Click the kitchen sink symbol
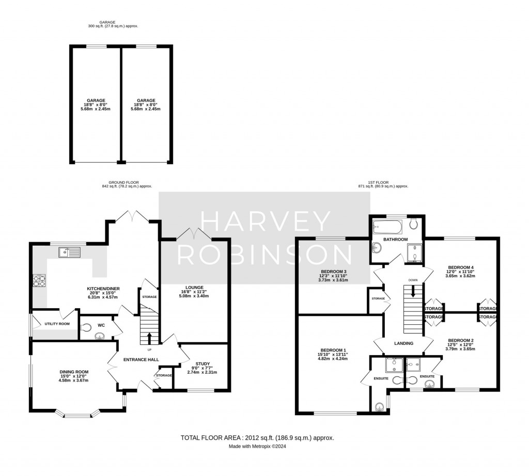click(70, 252)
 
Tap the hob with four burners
click(39, 280)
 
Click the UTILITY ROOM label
click(57, 324)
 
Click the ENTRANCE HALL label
click(140, 360)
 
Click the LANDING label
click(403, 343)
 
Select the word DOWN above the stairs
click(413, 280)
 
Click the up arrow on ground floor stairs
click(150, 338)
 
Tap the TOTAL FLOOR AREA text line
click(257, 438)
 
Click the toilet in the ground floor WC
click(87, 327)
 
